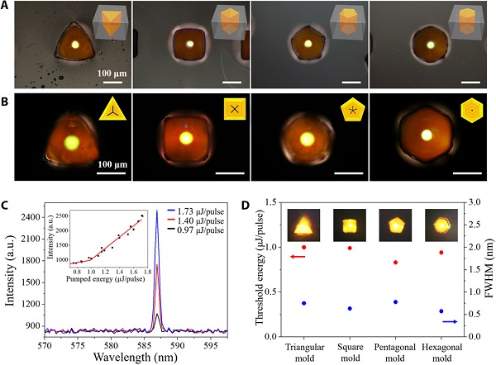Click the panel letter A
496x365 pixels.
(x=7, y=7)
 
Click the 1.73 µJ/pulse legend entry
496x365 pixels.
(x=195, y=212)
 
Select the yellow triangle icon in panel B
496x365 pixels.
(x=109, y=109)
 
